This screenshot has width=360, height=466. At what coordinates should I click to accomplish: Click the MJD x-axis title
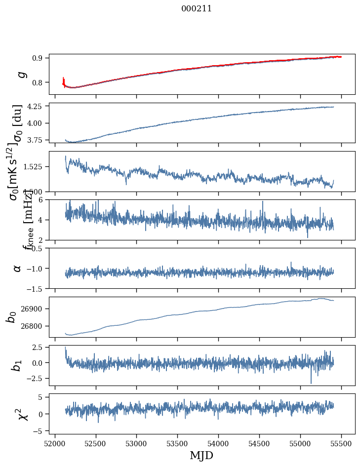201,455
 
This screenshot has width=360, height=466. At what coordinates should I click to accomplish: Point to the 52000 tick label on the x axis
55,443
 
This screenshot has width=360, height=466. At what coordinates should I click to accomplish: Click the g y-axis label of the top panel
21,74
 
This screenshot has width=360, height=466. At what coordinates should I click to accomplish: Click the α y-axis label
18,268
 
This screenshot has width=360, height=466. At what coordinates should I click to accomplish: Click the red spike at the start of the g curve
64,80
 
